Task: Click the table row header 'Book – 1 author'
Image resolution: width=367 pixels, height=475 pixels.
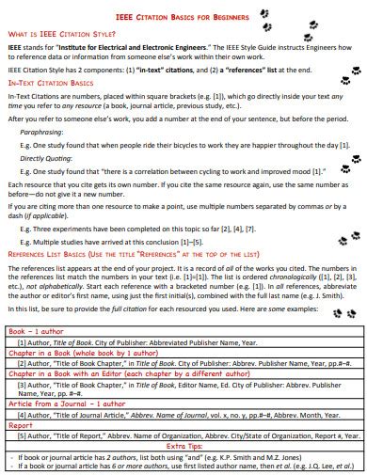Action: point(36,332)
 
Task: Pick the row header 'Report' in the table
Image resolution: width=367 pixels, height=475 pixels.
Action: point(21,424)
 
